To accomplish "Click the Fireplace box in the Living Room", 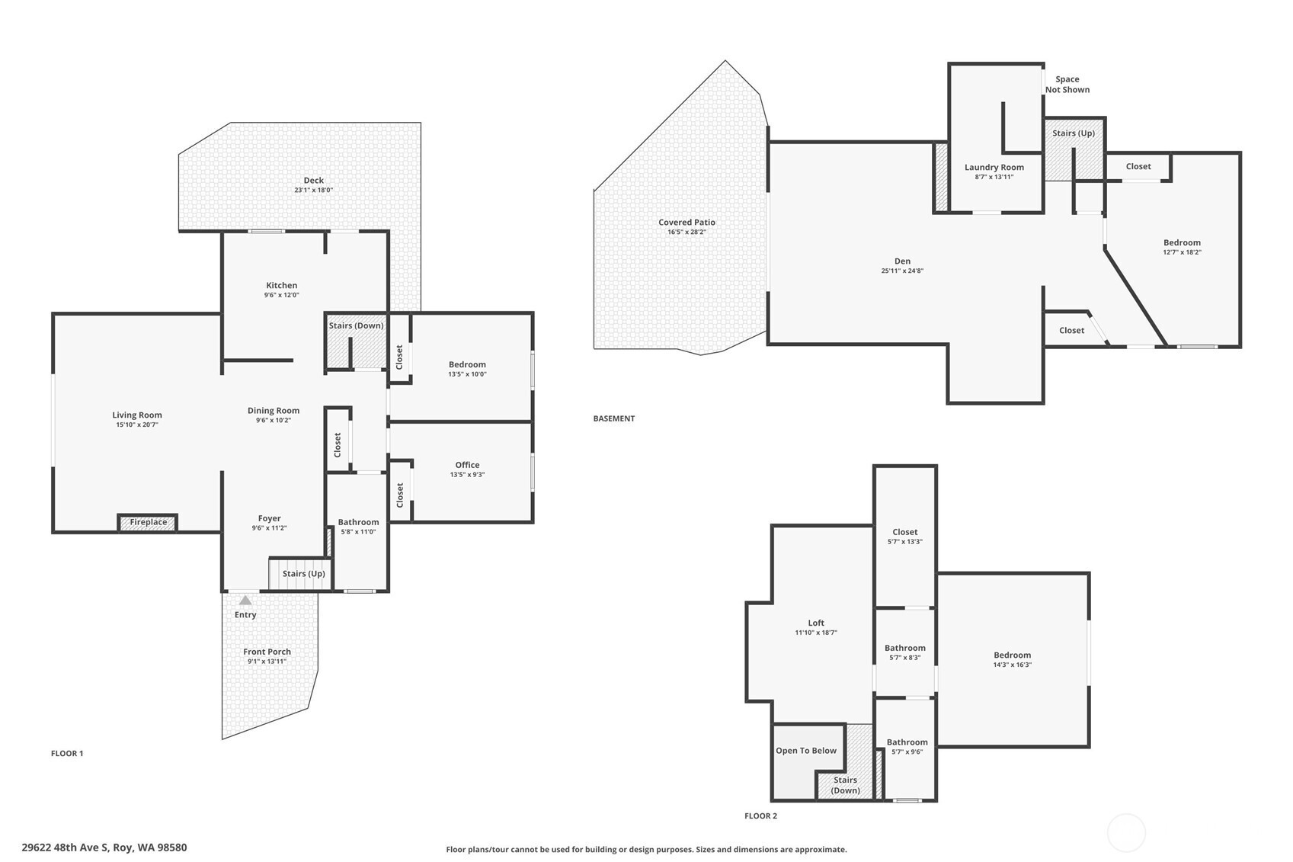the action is coord(148,523).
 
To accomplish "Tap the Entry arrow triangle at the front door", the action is coord(245,601).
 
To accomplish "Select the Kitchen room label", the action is coord(282,285).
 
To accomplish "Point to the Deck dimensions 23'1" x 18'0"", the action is coord(313,190).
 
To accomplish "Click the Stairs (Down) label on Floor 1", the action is coord(356,325).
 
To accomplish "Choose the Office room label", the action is coord(467,465).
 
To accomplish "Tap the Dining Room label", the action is coord(274,411).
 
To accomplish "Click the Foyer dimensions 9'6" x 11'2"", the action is coord(269,527).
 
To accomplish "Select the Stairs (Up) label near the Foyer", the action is coord(303,573).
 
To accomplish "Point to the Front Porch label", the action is coord(267,651).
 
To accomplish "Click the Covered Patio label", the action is coord(687,223).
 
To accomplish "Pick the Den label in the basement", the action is coord(902,261).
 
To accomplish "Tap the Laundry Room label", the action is coord(994,168).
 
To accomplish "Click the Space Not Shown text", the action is coord(1067,85).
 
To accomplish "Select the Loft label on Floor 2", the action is coord(816,623).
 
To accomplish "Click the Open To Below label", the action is coord(806,751).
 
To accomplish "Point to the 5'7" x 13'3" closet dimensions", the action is coord(905,542).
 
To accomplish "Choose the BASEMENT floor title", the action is coord(613,418).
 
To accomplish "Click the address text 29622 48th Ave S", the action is coord(65,848).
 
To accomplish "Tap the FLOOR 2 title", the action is coord(761,816).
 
